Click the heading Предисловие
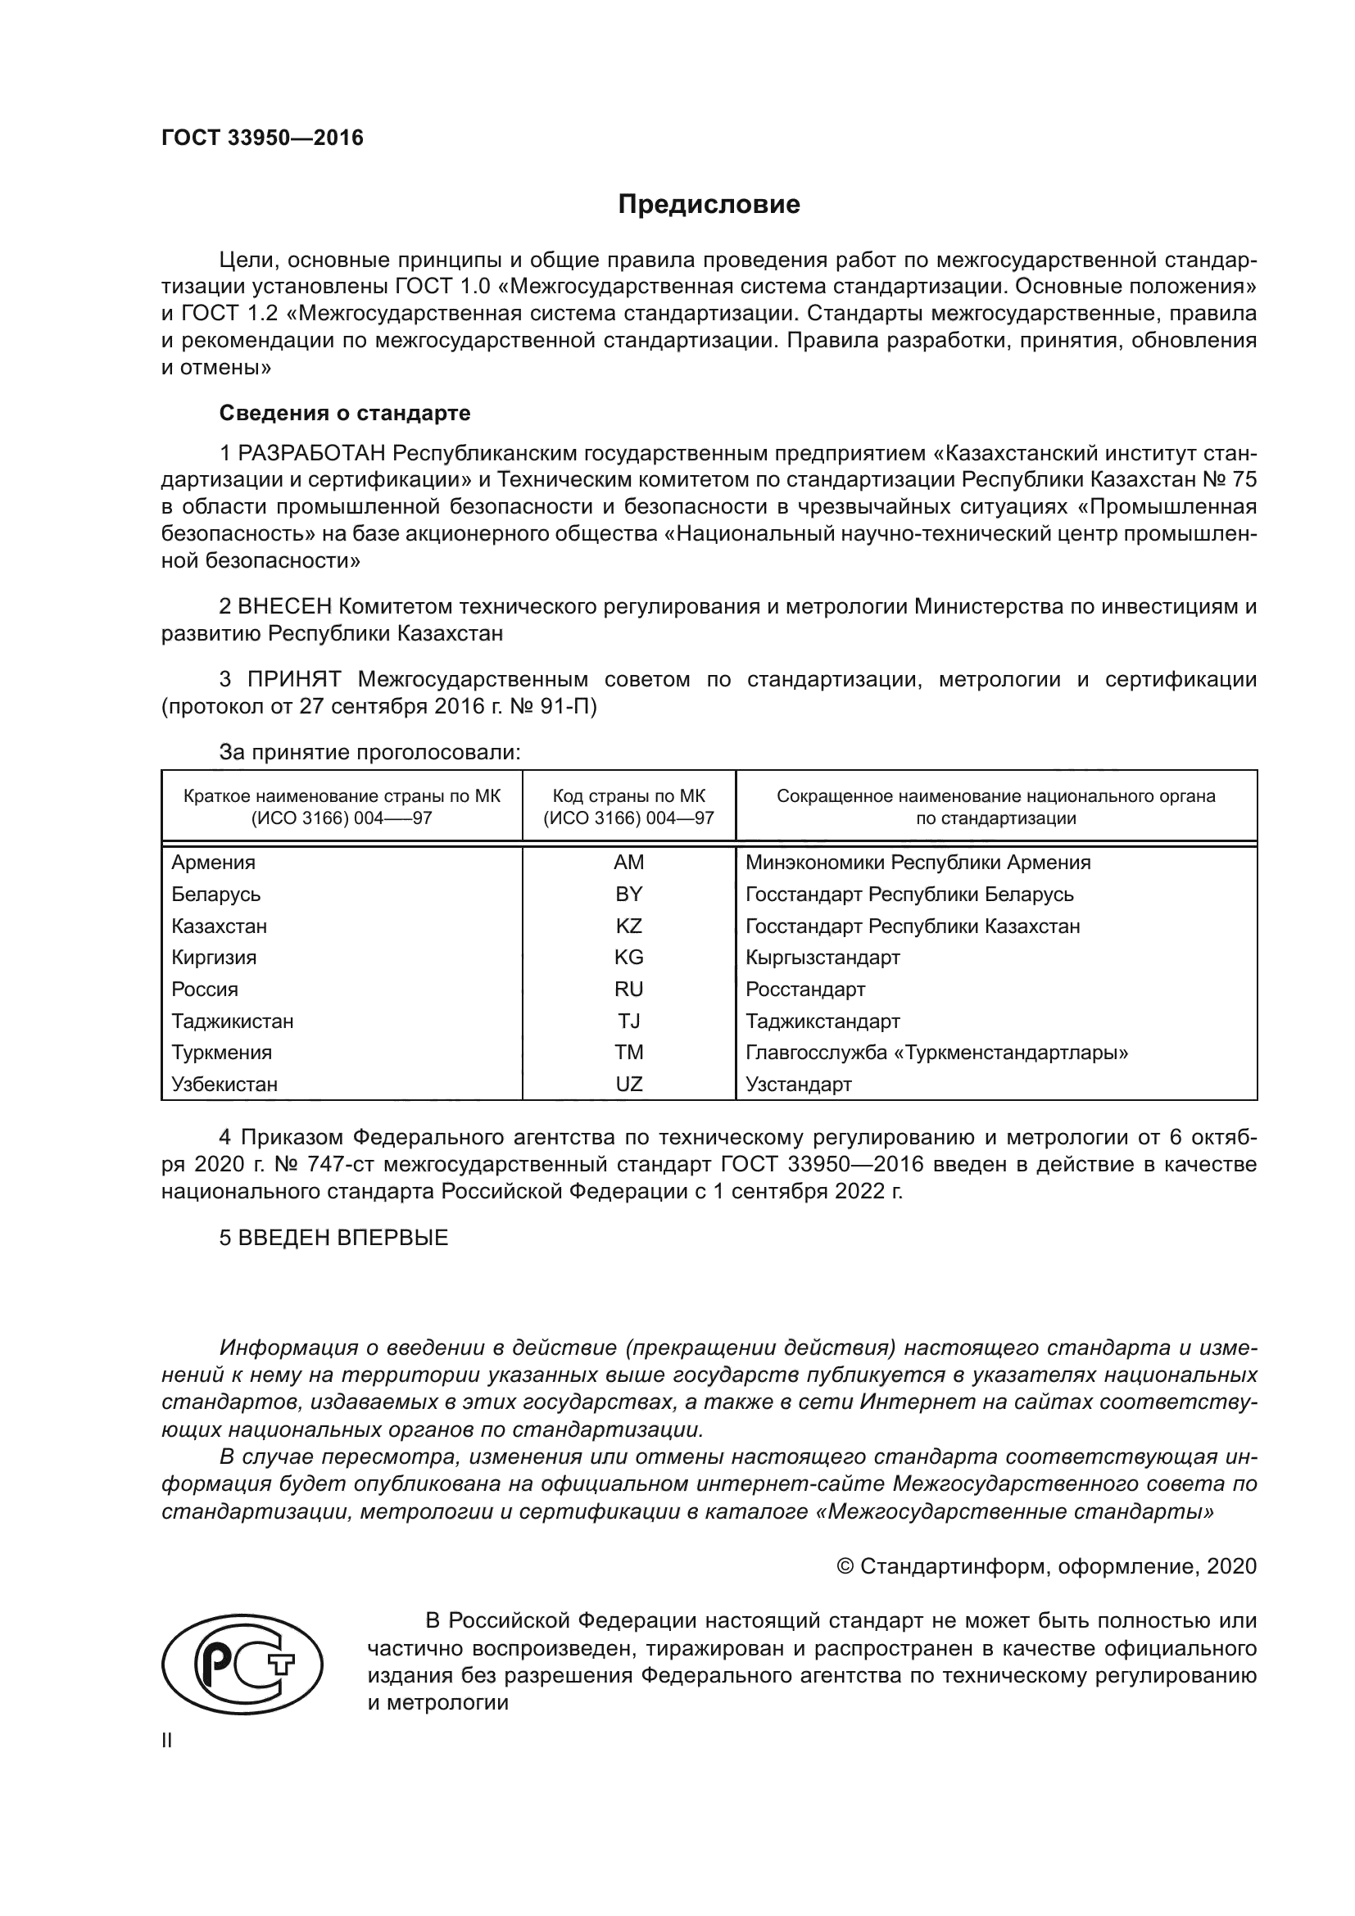709,205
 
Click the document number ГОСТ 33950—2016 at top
262,138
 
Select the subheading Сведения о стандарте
345,413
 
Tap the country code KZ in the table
628,926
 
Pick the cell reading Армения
214,862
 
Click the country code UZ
628,1084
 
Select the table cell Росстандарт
805,989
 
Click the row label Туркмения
222,1053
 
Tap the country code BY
628,894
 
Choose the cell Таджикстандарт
823,1021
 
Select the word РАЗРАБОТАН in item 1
311,453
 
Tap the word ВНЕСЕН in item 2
285,606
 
